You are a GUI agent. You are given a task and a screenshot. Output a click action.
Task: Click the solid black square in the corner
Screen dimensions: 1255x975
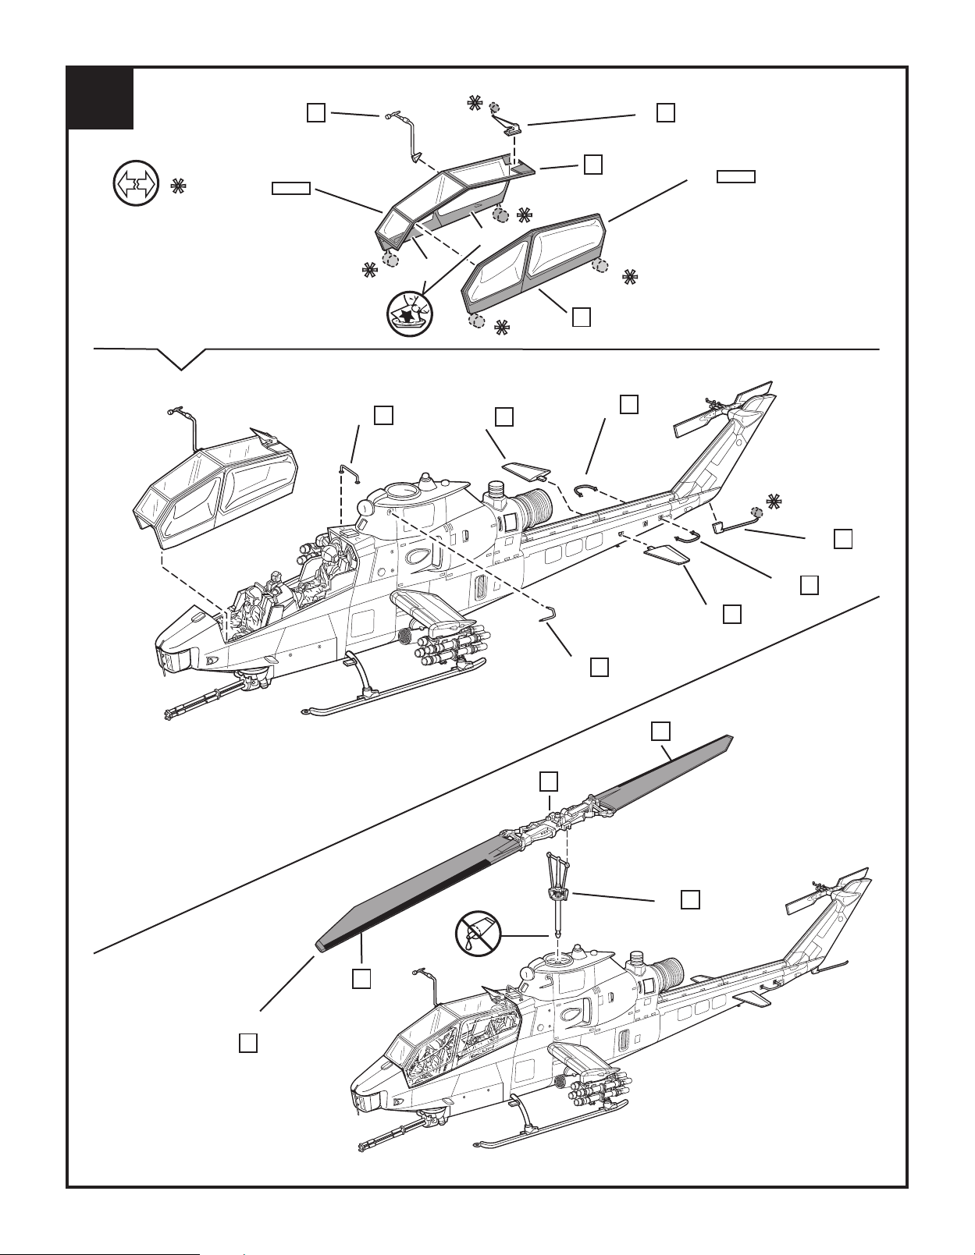click(x=100, y=98)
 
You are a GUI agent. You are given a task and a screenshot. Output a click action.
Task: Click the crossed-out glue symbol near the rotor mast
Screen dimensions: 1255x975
click(x=478, y=931)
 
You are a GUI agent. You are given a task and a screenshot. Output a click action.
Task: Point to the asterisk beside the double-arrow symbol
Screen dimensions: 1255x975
click(x=178, y=186)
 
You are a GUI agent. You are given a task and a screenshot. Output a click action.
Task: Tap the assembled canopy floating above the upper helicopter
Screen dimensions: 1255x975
click(x=215, y=487)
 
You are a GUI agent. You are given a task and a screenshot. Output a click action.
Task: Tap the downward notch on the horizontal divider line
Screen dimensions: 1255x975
click(x=181, y=360)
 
